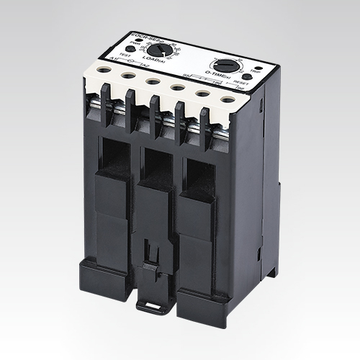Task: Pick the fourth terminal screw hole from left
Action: click(176, 86)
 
